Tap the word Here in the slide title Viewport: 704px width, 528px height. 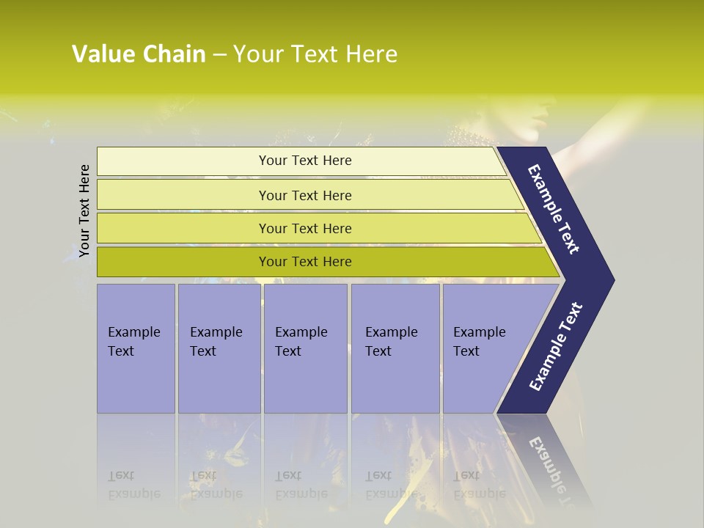(371, 54)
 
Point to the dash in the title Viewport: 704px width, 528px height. (219, 55)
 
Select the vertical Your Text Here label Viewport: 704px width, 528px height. (84, 210)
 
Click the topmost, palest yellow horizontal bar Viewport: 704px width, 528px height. (305, 161)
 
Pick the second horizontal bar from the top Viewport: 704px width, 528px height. (305, 195)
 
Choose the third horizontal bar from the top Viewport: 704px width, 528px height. (305, 228)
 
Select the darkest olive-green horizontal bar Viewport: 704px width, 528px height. (305, 262)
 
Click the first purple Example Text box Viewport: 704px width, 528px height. (136, 348)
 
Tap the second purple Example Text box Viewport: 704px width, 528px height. (219, 348)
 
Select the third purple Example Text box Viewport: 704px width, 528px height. (305, 348)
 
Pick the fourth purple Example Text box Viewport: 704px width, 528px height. (395, 348)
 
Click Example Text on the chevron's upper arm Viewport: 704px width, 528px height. (554, 208)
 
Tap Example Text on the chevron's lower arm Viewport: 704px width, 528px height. (556, 347)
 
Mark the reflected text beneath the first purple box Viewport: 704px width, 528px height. (133, 485)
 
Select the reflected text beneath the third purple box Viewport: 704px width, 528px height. (301, 485)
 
